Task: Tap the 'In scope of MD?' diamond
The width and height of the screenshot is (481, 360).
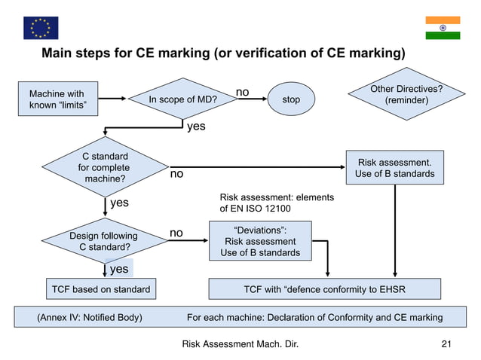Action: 182,99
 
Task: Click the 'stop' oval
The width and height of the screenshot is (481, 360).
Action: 290,99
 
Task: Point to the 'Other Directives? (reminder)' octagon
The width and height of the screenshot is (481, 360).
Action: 406,95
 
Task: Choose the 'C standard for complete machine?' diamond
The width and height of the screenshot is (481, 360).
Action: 105,168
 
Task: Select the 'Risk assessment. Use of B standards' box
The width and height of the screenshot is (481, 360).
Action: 395,168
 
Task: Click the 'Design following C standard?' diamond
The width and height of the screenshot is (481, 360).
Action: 105,240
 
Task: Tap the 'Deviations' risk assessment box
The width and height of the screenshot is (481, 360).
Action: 260,241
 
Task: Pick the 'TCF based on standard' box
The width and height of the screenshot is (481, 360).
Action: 100,289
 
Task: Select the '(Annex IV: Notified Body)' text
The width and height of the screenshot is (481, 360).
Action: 90,317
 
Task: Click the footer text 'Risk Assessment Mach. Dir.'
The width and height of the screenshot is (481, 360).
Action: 240,344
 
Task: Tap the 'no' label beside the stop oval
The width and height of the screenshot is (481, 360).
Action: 242,92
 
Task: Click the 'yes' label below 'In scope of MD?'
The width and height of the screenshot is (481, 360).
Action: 195,127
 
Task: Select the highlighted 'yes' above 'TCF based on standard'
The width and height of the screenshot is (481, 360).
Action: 119,269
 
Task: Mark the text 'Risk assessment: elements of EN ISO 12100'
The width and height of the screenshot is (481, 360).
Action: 276,203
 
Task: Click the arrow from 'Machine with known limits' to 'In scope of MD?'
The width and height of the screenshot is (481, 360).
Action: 114,99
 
